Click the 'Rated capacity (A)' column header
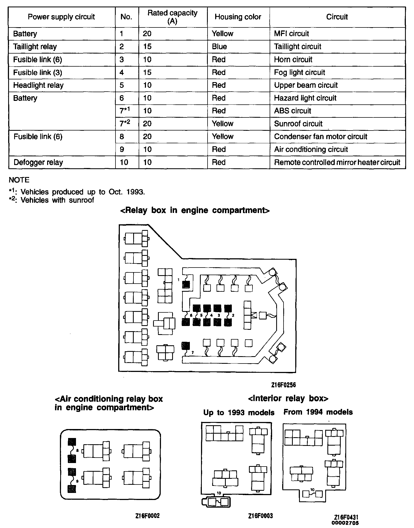(x=172, y=17)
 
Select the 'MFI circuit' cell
(x=291, y=34)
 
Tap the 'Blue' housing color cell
(x=219, y=46)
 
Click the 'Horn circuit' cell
(x=293, y=60)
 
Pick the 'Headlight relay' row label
(x=38, y=85)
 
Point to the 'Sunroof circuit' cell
(x=298, y=124)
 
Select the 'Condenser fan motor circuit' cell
(x=321, y=136)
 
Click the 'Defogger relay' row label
(x=38, y=162)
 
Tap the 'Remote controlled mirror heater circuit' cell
(x=337, y=162)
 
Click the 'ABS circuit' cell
(x=293, y=111)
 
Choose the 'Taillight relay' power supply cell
(x=35, y=46)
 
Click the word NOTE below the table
(x=19, y=180)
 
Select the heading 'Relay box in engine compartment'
(x=195, y=210)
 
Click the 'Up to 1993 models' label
(x=239, y=412)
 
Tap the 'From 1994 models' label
(x=318, y=412)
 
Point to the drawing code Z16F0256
(x=283, y=385)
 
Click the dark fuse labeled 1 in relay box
(x=186, y=284)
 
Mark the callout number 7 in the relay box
(x=192, y=353)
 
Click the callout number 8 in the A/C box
(x=77, y=451)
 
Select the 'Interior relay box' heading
(x=288, y=398)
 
